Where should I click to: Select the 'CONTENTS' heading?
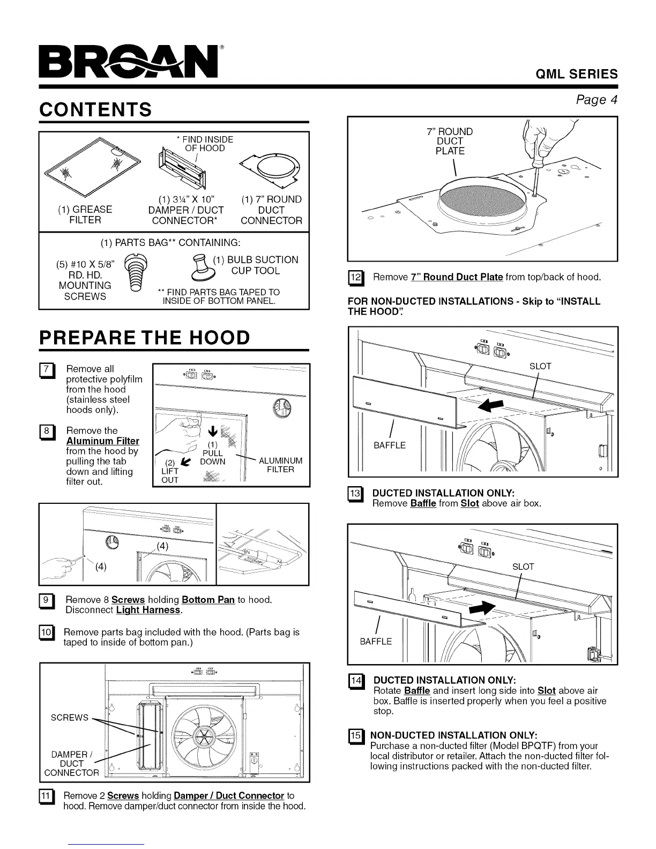(x=95, y=110)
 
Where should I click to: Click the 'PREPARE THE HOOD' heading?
(x=145, y=338)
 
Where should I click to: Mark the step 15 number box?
(x=355, y=735)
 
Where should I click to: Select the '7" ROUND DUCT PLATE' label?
(x=450, y=141)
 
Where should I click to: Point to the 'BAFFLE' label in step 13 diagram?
(x=390, y=445)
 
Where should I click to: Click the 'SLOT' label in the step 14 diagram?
(x=523, y=567)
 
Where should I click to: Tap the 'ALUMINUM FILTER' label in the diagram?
(x=280, y=465)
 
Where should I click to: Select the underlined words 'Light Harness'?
(x=148, y=610)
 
